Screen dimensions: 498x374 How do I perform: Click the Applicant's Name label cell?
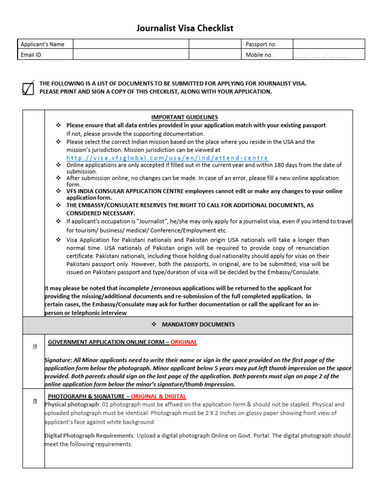point(43,44)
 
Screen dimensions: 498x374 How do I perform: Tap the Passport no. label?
point(262,44)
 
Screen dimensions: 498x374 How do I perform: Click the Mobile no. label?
point(260,55)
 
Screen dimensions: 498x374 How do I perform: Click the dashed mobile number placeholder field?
point(321,55)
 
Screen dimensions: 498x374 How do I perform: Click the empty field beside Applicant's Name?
point(131,44)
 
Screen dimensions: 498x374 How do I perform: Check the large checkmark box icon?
point(29,88)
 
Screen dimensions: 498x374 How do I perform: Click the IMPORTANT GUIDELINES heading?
point(185,117)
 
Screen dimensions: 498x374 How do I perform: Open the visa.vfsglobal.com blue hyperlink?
point(167,158)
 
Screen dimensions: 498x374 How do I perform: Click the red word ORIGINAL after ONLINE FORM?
point(184,342)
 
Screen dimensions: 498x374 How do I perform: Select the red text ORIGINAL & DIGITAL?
point(158,396)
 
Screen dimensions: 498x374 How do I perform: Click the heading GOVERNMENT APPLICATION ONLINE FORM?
point(106,342)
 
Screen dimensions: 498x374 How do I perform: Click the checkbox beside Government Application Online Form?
point(35,347)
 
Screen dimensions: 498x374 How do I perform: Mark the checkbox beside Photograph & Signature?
point(35,401)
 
